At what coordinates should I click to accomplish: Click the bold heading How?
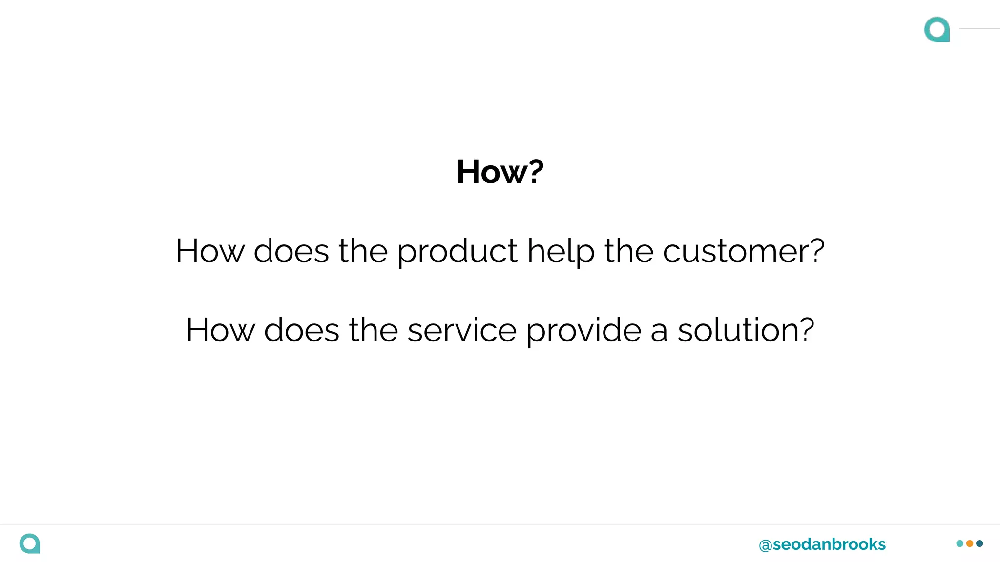point(500,172)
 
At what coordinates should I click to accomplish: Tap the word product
point(457,252)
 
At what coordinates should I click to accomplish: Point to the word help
point(561,252)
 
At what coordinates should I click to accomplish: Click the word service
point(462,330)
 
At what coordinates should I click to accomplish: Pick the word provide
point(583,330)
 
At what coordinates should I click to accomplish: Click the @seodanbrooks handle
point(822,544)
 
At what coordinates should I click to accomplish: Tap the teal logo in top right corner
point(937,29)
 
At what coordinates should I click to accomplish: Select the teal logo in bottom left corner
point(30,543)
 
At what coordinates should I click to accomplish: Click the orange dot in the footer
point(970,543)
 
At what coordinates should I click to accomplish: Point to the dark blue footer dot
point(979,543)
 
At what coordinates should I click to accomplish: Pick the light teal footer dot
point(960,543)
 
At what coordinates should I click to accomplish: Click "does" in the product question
point(292,252)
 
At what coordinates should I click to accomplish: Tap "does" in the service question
point(302,330)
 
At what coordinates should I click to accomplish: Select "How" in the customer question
point(210,252)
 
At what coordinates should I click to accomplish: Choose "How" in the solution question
point(220,330)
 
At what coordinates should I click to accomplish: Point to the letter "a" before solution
point(659,332)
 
